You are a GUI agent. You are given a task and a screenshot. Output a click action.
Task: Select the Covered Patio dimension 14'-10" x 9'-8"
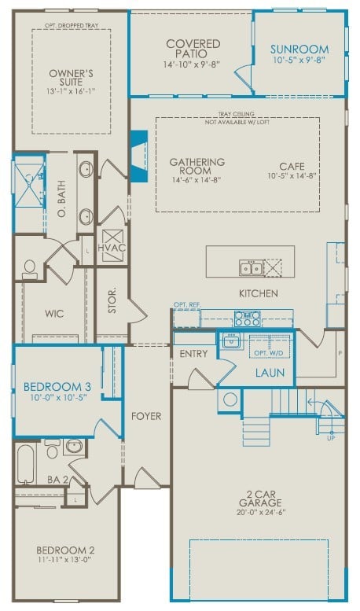[193, 64]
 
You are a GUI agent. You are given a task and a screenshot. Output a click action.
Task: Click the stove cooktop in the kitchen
[247, 318]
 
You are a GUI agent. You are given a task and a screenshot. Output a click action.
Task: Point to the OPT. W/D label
[267, 352]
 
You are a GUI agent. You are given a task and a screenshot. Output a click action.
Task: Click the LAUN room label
[270, 372]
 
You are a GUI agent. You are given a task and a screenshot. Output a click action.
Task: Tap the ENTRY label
[193, 354]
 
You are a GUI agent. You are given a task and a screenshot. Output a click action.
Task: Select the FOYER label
[146, 416]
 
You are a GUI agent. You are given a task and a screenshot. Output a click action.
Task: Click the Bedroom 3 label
[57, 387]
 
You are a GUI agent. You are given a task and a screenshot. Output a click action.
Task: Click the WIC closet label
[54, 314]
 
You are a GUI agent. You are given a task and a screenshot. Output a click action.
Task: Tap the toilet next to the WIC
[30, 270]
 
